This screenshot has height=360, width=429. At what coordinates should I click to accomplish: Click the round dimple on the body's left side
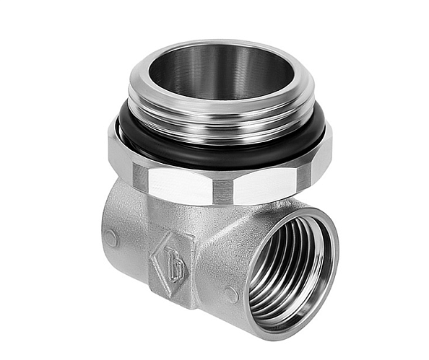pyautogui.click(x=110, y=237)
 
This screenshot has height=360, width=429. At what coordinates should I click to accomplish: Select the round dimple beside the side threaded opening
pyautogui.click(x=230, y=294)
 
